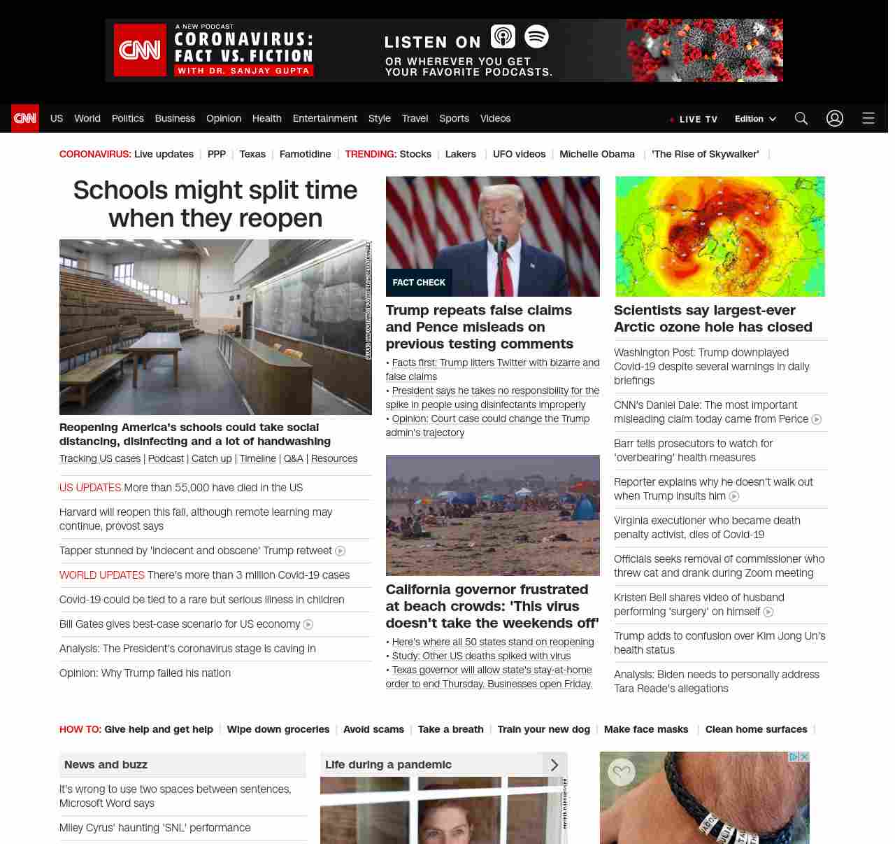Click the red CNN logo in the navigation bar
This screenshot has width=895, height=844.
(25, 118)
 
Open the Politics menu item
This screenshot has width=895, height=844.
(127, 118)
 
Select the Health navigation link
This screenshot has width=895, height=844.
(266, 118)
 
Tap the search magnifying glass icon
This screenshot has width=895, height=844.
(801, 118)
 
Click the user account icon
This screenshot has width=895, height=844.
(835, 118)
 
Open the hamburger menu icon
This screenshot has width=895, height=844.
(868, 118)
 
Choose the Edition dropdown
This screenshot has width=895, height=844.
(755, 119)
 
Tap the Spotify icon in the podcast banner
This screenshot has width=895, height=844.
(536, 36)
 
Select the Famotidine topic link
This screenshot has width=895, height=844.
(305, 154)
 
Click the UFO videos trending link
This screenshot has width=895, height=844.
(519, 154)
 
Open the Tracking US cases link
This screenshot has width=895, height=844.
(100, 458)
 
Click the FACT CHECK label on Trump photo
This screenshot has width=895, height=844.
(419, 283)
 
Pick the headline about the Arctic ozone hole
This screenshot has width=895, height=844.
(713, 318)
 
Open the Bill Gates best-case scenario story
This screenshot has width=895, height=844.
(180, 624)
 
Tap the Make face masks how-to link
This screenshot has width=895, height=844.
(646, 729)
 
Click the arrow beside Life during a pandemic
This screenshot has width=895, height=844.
(554, 765)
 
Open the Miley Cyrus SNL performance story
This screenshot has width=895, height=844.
(155, 828)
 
